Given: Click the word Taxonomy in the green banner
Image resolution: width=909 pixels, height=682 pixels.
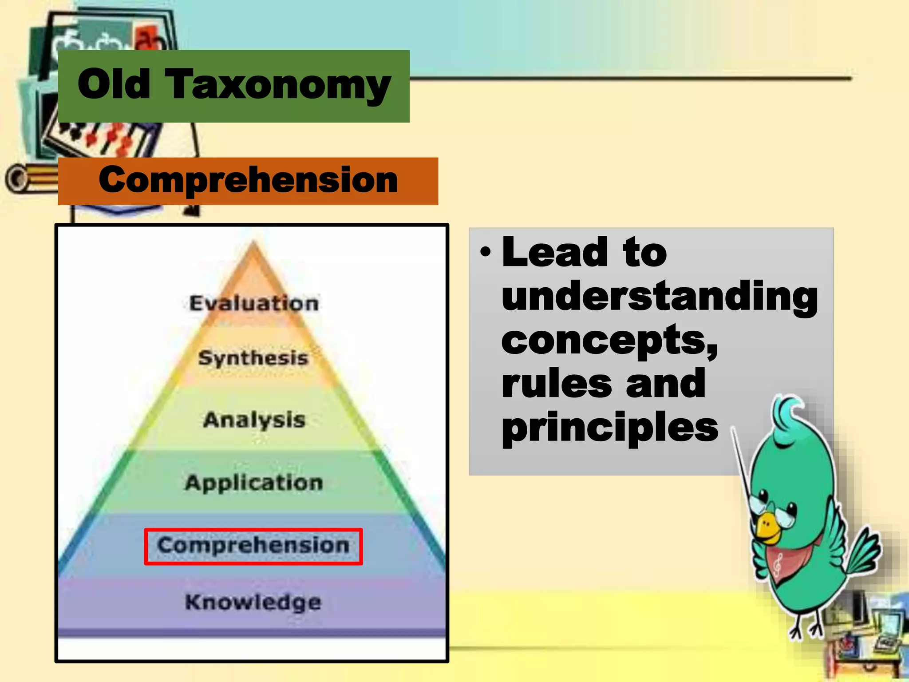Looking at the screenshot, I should tap(278, 86).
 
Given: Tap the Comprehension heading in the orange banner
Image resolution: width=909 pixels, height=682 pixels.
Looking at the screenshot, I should tap(248, 180).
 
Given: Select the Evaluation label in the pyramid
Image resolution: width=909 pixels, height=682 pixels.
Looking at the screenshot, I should tap(254, 304).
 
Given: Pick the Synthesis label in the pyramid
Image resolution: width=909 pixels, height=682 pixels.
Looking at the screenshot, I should tap(253, 358).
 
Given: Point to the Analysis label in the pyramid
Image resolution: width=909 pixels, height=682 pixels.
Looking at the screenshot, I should tap(254, 420).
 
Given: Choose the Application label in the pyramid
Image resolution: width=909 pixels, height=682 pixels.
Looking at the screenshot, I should tap(254, 483).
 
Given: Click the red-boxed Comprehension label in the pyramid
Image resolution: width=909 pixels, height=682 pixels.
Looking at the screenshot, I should tap(253, 546).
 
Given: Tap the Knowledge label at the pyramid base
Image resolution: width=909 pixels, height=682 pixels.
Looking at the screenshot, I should tap(253, 603).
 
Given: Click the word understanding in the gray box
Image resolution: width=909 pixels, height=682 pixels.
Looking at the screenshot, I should tap(660, 297).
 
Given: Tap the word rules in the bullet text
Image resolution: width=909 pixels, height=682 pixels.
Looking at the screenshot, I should tap(557, 384).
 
